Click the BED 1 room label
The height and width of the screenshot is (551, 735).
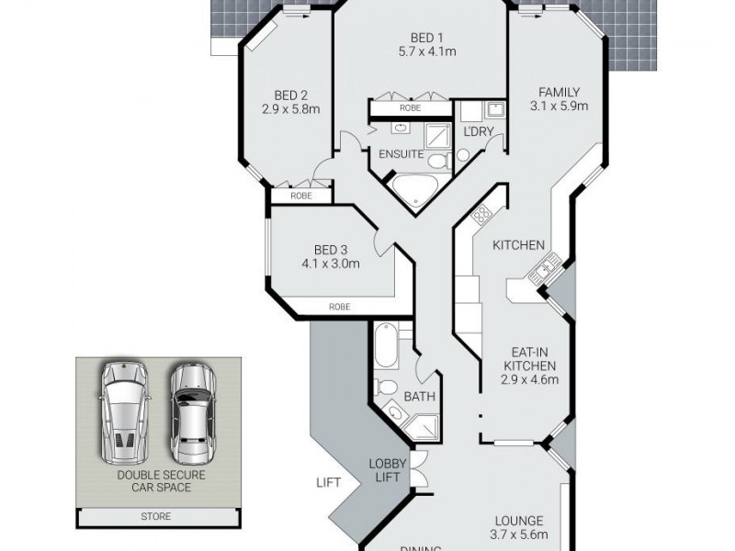point(421,44)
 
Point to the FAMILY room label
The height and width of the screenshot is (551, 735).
point(559,98)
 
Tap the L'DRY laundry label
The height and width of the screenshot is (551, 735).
point(480,132)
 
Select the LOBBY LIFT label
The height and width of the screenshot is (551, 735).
point(387,469)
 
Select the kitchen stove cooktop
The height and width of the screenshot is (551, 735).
point(481,217)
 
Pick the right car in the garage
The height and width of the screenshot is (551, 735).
point(190,413)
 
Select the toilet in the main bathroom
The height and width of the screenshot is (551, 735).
point(388,388)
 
